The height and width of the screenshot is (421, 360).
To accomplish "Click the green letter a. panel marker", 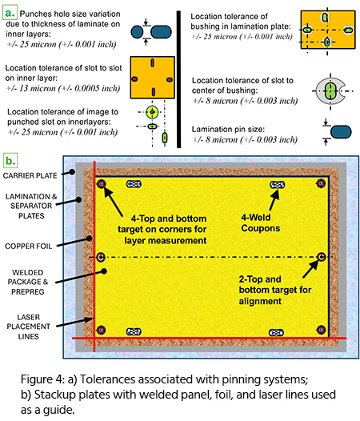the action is (10, 13).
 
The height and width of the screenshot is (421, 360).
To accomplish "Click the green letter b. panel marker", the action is (10, 161).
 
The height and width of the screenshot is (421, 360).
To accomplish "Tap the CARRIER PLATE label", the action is (30, 175).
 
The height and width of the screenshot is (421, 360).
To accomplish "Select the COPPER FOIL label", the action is (28, 247).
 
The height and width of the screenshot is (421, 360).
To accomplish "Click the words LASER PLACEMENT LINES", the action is (28, 327).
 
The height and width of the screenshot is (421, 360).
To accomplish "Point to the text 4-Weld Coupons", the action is (260, 223).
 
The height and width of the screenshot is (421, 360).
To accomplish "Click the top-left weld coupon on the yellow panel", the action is (134, 184).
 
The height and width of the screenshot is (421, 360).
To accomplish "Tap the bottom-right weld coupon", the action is (276, 333).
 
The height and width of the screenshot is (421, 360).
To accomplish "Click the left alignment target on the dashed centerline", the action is (101, 257).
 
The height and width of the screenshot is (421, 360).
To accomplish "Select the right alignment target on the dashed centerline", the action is (321, 257).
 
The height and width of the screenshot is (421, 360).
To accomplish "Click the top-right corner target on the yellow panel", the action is (321, 183).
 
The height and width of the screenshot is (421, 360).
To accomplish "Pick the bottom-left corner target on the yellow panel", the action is (101, 330).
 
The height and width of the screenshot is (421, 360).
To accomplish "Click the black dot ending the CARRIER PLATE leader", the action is (72, 172).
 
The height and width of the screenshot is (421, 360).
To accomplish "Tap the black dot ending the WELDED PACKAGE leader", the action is (104, 271).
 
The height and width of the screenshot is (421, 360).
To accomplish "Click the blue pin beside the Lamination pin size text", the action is (341, 132).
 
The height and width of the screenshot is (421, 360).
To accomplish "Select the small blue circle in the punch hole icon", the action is (137, 32).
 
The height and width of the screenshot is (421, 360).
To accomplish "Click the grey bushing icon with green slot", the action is (330, 90).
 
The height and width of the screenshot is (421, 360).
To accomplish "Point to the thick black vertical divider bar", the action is (178, 79).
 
